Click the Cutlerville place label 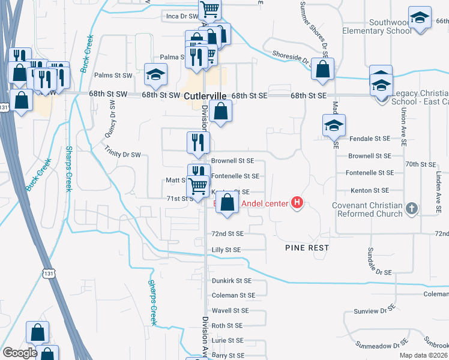[x=206, y=96]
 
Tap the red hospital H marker [x=296, y=203]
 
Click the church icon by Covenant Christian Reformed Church [x=411, y=208]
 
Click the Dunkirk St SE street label [x=232, y=281]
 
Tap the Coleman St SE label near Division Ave [x=233, y=295]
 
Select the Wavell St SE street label [x=230, y=311]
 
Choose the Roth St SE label [x=227, y=326]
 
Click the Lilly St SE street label [x=226, y=250]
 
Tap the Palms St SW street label [x=113, y=76]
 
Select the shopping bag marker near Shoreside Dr [x=323, y=69]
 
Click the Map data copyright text [x=423, y=355]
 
